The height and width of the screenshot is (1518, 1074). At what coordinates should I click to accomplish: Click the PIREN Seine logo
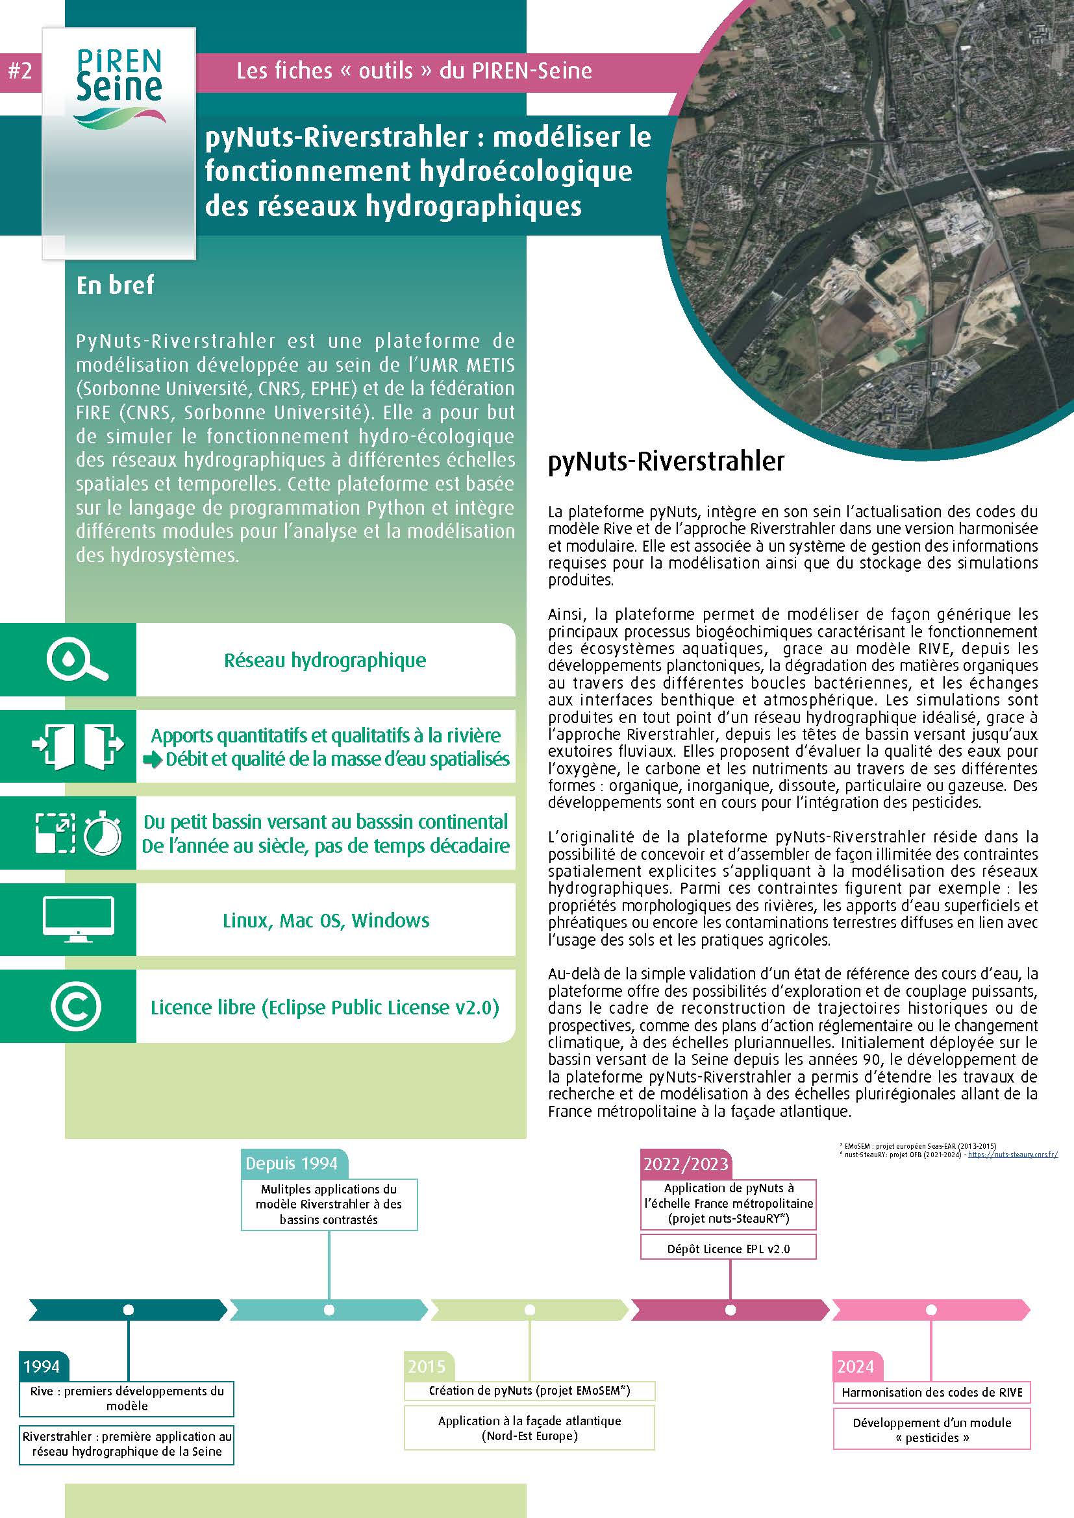tap(119, 89)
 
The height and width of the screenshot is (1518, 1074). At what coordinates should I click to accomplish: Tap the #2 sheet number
tap(20, 71)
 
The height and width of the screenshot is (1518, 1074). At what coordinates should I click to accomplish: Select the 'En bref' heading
tap(115, 285)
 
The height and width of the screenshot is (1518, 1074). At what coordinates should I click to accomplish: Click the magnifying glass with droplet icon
tap(77, 660)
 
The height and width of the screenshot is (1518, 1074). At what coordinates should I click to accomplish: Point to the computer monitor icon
tap(78, 919)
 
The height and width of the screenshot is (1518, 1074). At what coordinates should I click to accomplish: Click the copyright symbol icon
tap(76, 1007)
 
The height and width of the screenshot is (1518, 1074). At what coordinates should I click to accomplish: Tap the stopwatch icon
tap(103, 833)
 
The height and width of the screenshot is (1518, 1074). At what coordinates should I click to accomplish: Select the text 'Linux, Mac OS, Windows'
tap(325, 920)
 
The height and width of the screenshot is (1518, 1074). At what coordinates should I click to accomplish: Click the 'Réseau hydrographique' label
tap(325, 661)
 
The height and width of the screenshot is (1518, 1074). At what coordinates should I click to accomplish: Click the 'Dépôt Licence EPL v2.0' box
tap(728, 1249)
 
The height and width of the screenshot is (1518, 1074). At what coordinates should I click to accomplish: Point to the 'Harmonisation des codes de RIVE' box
tap(931, 1392)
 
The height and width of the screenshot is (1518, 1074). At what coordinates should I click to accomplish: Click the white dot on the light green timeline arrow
tap(530, 1310)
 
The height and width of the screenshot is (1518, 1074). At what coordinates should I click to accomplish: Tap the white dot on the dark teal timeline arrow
tap(129, 1310)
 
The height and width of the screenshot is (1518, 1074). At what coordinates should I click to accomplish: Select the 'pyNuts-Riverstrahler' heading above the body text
tap(666, 461)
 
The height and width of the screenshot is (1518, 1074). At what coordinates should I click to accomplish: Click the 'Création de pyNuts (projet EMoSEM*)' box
tap(529, 1390)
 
